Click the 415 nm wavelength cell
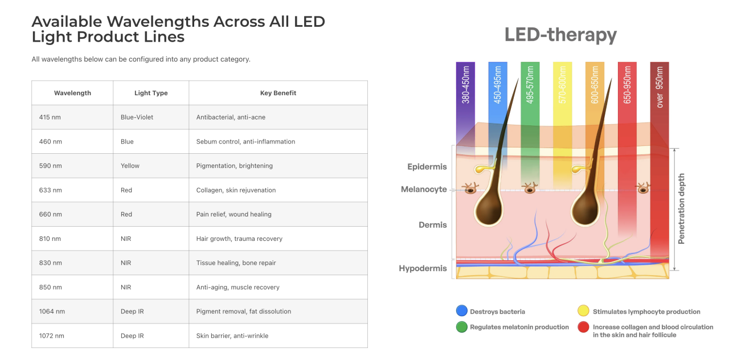[x=72, y=117]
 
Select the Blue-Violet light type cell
[x=151, y=117]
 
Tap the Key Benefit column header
[x=279, y=93]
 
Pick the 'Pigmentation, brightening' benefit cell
[x=279, y=166]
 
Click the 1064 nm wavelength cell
[x=72, y=312]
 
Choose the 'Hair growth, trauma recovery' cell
[x=279, y=239]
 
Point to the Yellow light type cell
[x=151, y=166]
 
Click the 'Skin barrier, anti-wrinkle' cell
[x=279, y=336]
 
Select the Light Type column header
[x=151, y=93]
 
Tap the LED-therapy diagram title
[x=560, y=35]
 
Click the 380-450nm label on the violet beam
[x=466, y=85]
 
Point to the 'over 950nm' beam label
[x=660, y=87]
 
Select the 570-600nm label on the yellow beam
[x=562, y=85]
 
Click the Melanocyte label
[x=424, y=190]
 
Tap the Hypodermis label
[x=423, y=268]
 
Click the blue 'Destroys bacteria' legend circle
[x=462, y=311]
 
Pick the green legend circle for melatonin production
[x=462, y=327]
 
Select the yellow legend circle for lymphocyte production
[x=584, y=311]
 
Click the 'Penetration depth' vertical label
[x=681, y=208]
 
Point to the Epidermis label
[x=427, y=167]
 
